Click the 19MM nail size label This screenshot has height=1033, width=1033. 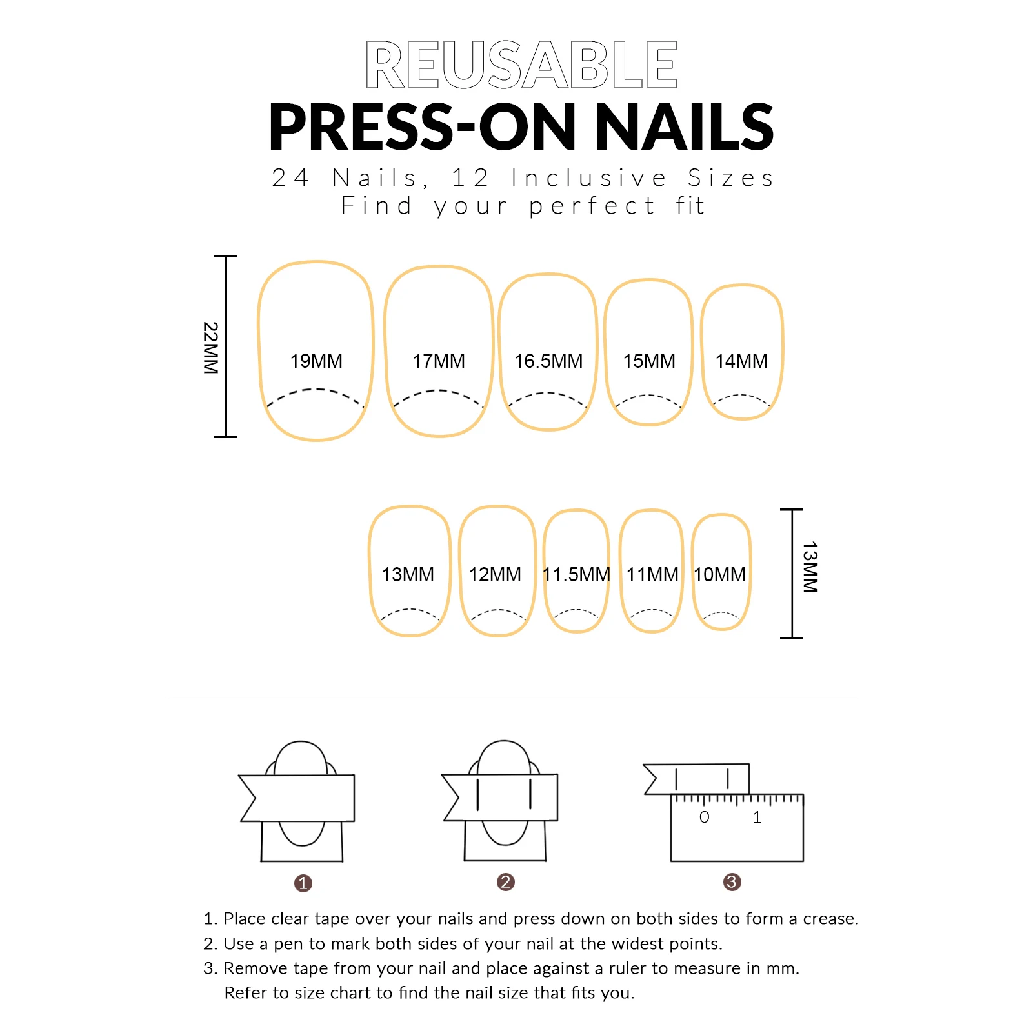316,361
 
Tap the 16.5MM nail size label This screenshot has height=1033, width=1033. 548,361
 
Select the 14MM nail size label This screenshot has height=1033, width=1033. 741,361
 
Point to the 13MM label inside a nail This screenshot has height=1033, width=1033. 408,574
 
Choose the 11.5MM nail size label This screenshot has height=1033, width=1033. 576,574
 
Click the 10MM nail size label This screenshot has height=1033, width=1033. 719,574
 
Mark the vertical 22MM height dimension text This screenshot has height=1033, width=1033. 210,348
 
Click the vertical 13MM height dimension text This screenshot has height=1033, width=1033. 810,567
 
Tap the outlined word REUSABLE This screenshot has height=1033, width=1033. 521,64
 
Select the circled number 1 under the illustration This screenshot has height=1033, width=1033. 303,883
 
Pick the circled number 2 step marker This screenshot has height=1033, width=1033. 506,882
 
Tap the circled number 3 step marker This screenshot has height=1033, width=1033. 732,882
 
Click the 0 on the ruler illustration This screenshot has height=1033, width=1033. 705,817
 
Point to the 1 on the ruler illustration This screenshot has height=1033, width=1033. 757,817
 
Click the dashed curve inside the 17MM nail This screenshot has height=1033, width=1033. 438,391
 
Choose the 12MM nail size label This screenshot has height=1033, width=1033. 495,574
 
